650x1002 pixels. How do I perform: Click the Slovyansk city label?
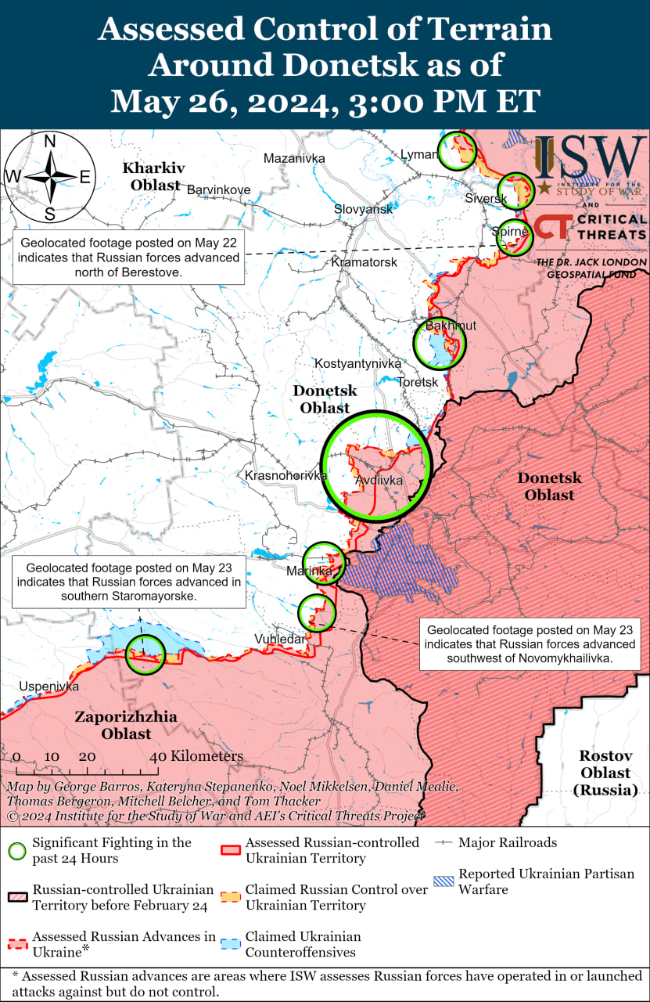(x=363, y=209)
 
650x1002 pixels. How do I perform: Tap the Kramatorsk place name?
(x=365, y=261)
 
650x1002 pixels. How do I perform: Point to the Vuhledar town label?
(x=279, y=640)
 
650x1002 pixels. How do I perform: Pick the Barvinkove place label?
(x=218, y=189)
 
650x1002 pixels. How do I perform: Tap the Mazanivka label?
(x=293, y=158)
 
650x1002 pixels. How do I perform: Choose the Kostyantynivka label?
(x=357, y=363)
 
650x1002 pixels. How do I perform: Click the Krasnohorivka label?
(x=285, y=475)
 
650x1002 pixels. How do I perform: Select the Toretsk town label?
(x=418, y=382)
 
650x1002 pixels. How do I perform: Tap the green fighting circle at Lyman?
(x=457, y=151)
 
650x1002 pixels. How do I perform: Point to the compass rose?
(x=49, y=177)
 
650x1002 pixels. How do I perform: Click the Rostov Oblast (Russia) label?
(x=604, y=773)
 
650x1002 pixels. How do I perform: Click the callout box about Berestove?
(x=128, y=256)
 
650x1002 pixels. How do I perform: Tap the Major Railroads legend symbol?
(x=444, y=842)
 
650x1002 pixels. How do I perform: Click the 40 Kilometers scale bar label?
(x=196, y=756)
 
